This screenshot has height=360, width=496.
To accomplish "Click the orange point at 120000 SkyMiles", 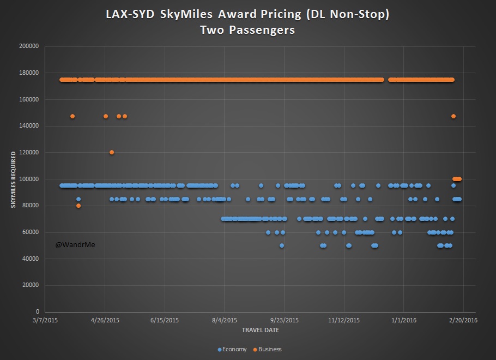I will (112, 152).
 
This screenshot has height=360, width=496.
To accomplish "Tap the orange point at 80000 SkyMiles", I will (78, 206).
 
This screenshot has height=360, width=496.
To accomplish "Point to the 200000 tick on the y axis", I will (28, 46).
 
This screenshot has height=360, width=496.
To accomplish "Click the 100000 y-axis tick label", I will (28, 179).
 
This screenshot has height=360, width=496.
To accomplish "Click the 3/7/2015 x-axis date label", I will (45, 321).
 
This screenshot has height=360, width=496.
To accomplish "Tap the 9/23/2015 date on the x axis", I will (284, 321).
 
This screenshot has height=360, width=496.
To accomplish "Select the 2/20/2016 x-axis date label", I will (463, 321).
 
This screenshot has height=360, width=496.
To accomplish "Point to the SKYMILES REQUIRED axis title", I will (13, 179).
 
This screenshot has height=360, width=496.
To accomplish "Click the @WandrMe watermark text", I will (75, 245).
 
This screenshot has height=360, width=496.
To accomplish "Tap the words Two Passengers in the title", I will (247, 30).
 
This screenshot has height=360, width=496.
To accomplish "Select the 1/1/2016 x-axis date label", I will (403, 321).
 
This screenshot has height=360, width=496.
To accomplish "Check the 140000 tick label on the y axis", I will (28, 126).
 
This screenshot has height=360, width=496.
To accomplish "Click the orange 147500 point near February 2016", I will (453, 116).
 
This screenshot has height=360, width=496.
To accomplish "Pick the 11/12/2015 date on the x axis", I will (343, 321).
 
